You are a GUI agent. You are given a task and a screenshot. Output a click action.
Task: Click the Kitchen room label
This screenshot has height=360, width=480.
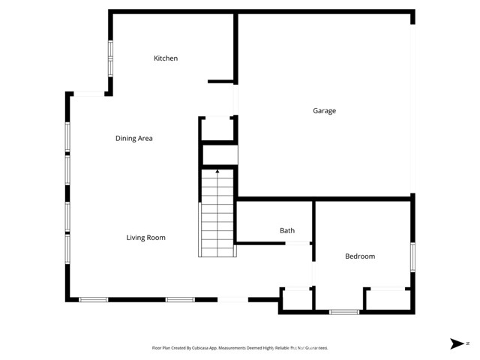(x=166, y=58)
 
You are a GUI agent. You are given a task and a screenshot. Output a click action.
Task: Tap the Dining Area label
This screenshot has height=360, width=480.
(x=134, y=138)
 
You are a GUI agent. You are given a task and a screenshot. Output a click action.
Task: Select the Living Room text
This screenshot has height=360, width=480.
(x=145, y=238)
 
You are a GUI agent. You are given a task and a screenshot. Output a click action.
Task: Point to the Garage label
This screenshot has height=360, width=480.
(x=324, y=111)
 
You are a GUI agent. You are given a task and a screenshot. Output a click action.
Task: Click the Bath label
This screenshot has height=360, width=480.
(x=287, y=231)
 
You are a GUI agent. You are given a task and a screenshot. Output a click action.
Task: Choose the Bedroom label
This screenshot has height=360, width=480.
(x=359, y=256)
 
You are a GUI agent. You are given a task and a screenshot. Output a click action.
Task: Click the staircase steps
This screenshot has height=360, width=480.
(x=217, y=217)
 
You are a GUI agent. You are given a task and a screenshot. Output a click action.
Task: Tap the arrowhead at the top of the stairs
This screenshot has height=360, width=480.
(x=217, y=172)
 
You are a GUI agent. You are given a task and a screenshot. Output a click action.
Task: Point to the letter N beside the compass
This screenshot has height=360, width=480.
(x=467, y=343)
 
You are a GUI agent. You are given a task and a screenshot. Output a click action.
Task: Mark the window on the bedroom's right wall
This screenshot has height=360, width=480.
(x=412, y=256)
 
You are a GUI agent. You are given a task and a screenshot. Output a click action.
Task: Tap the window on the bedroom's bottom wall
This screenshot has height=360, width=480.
(x=344, y=311)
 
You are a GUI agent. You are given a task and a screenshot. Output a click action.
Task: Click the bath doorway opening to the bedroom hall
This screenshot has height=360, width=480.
(x=298, y=243)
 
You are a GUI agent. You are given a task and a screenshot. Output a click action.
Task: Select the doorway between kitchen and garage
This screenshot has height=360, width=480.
(x=235, y=99)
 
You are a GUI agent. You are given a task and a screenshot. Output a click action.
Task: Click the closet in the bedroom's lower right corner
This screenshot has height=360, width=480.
(x=387, y=299)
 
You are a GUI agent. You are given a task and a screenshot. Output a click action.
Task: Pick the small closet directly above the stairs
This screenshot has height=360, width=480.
(x=219, y=154)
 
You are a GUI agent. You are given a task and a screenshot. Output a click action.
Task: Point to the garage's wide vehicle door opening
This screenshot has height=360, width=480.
(x=412, y=105)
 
